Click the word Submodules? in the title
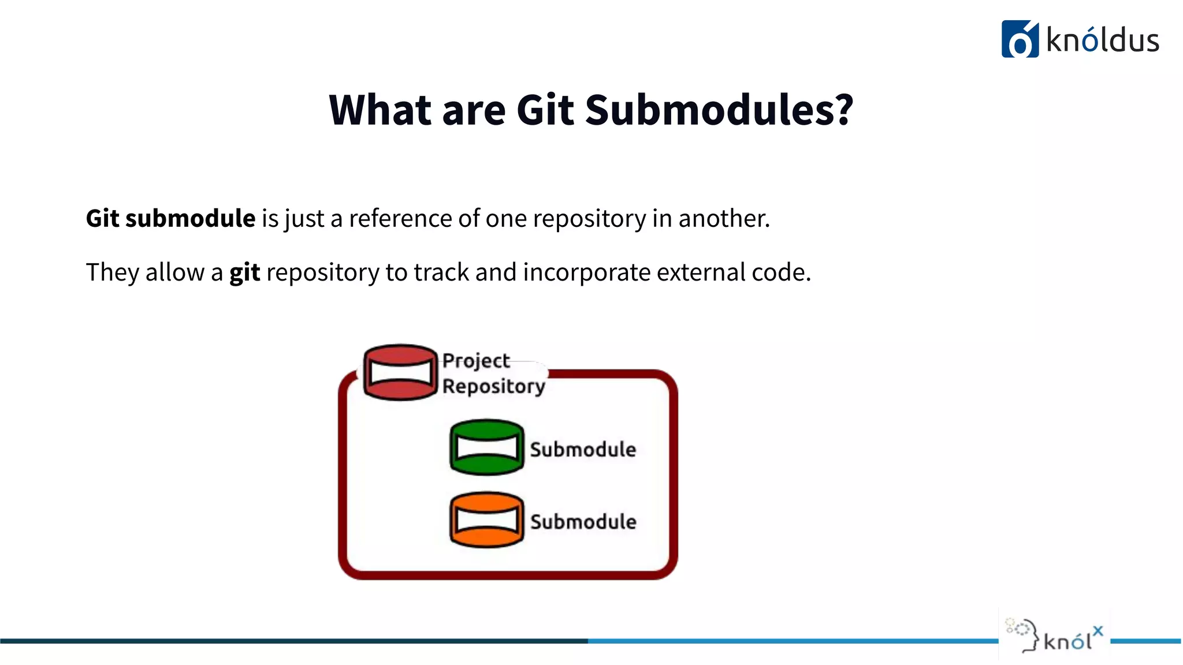tap(719, 110)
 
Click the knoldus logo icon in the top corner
tap(1020, 39)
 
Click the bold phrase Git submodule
tap(170, 219)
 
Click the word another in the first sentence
tap(723, 219)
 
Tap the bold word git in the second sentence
tap(244, 272)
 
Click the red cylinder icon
tap(400, 372)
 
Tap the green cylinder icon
tap(486, 447)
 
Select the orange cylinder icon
tap(486, 520)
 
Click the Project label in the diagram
tap(476, 361)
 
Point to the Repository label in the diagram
tap(493, 386)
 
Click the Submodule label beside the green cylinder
tap(583, 450)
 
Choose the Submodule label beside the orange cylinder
tap(583, 522)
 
